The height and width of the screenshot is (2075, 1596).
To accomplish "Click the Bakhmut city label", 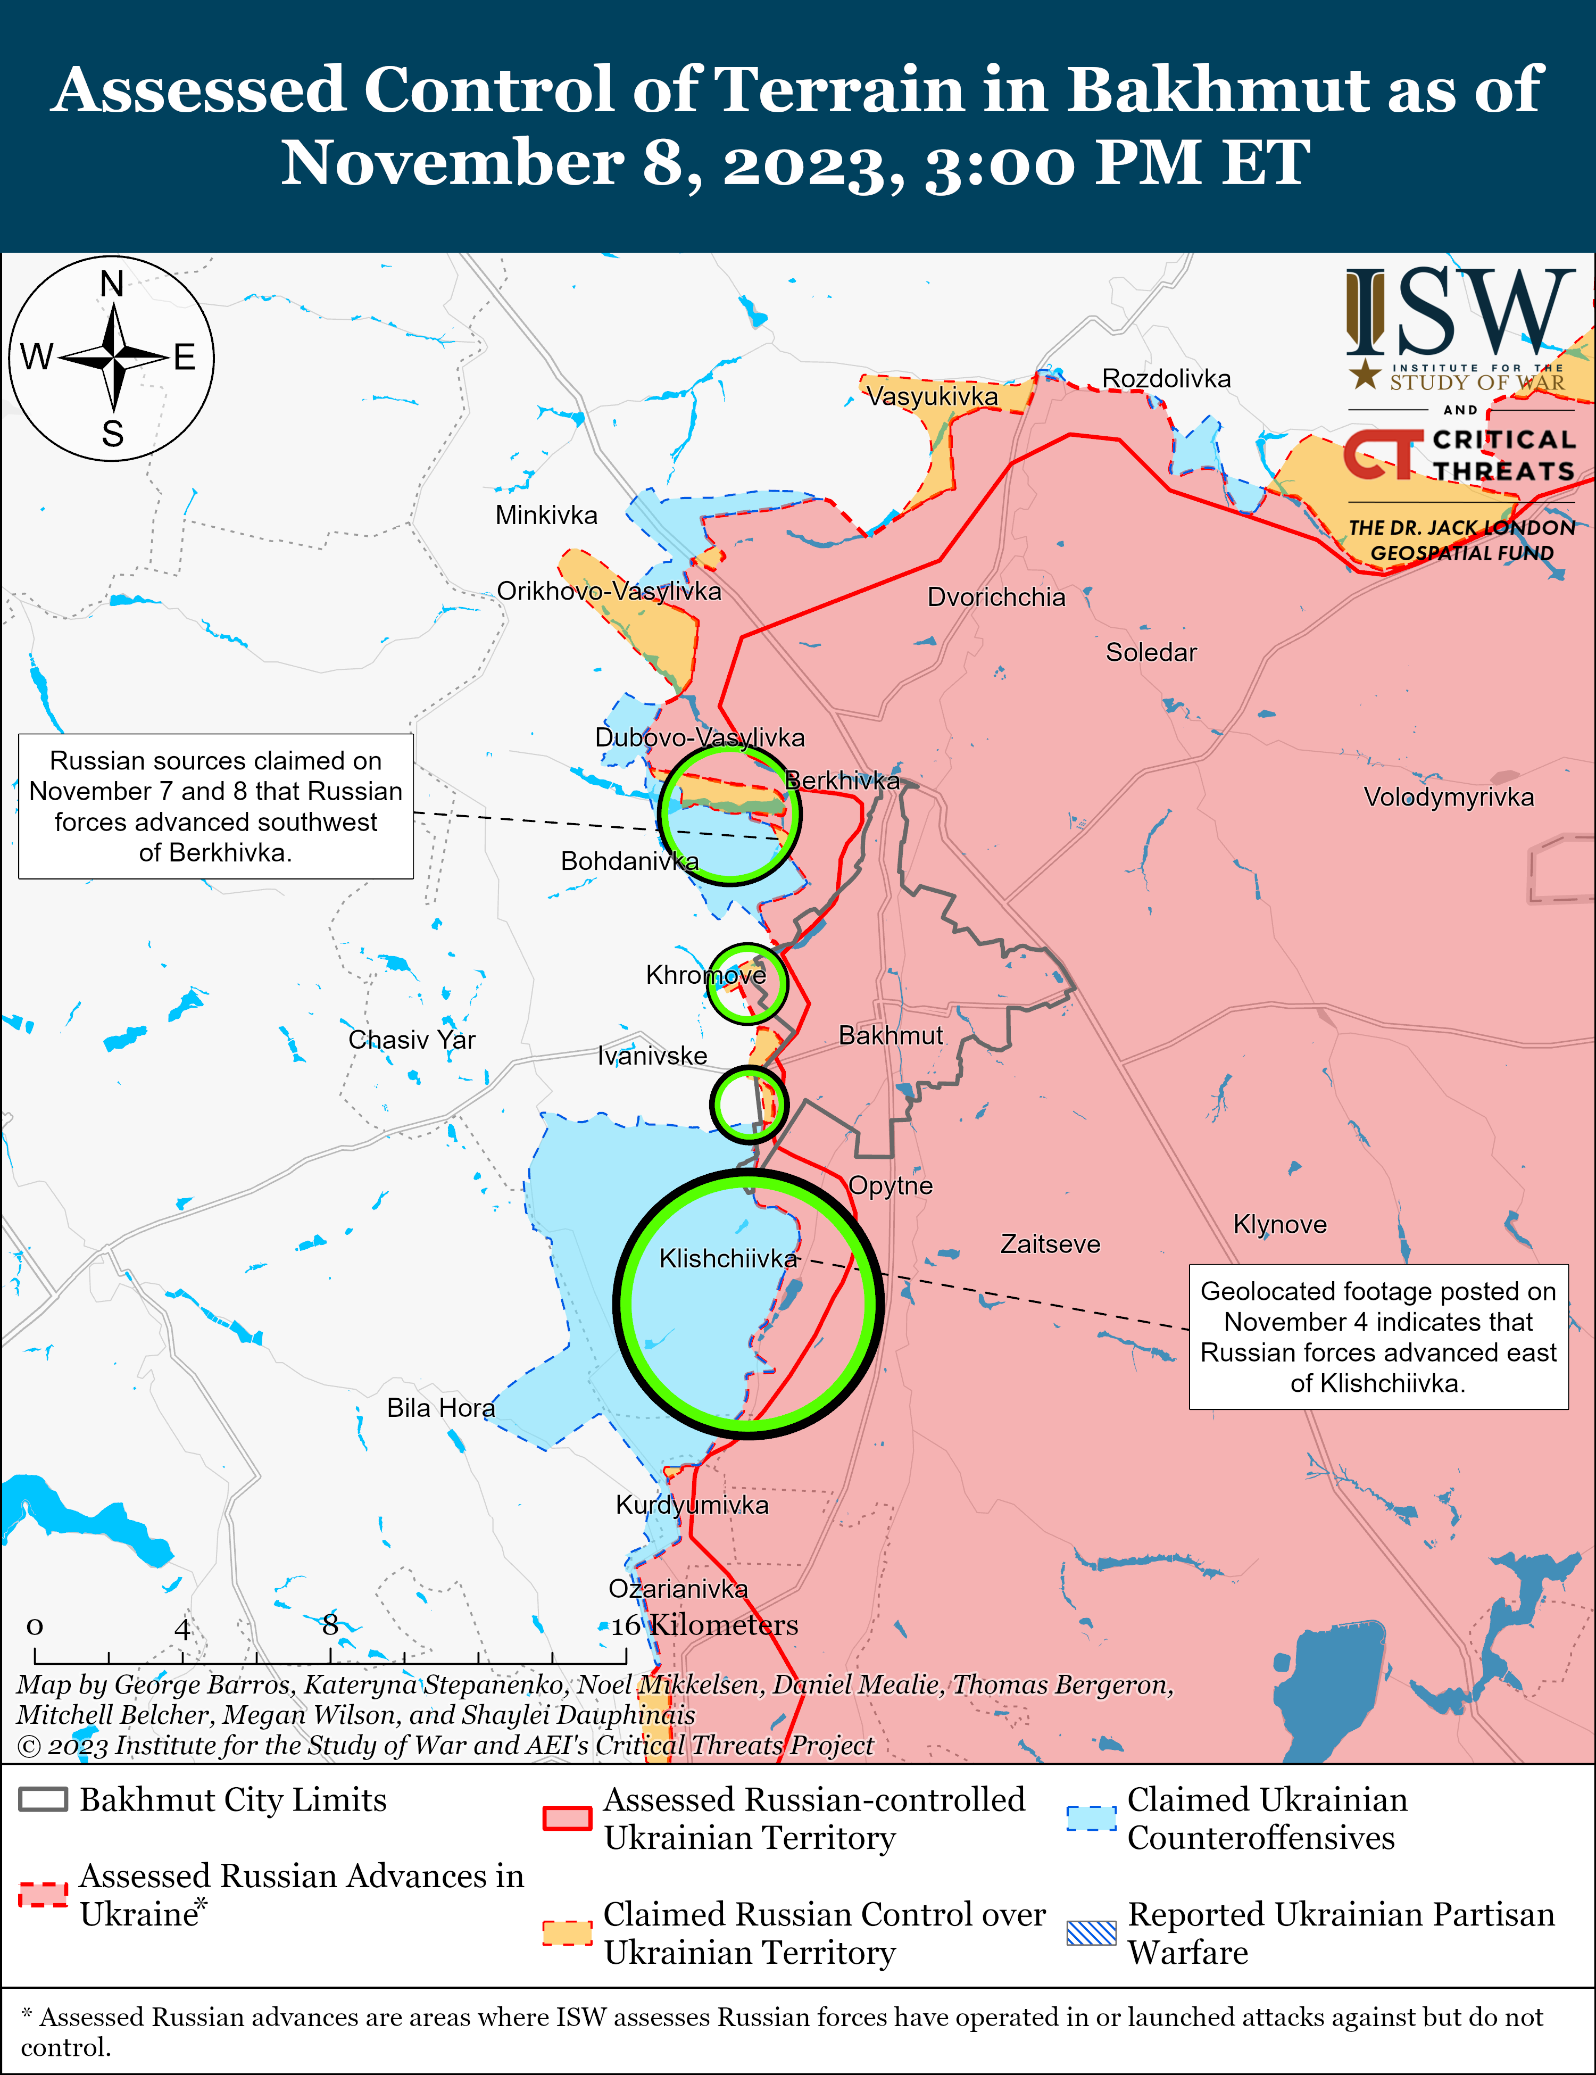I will [x=890, y=1035].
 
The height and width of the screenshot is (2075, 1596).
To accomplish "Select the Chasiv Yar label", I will [x=411, y=1040].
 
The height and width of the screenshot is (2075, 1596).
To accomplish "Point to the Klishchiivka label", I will [x=728, y=1259].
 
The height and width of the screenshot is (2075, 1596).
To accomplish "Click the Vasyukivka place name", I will [x=932, y=396].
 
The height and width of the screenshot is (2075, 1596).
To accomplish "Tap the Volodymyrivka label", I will [x=1448, y=797].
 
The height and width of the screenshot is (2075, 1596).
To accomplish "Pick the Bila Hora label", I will [x=440, y=1408].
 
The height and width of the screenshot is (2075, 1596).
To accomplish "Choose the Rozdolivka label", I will [x=1166, y=379].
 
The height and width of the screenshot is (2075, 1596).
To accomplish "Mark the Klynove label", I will [x=1279, y=1225].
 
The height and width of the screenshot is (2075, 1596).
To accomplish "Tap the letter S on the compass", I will [x=112, y=434].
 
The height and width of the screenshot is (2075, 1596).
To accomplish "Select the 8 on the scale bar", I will [x=330, y=1625].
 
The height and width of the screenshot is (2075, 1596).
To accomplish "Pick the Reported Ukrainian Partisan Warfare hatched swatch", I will [x=1091, y=1932].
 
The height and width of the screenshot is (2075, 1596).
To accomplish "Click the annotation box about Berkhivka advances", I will [x=215, y=806].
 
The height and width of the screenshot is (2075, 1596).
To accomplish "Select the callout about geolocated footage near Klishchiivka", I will [x=1377, y=1337].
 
